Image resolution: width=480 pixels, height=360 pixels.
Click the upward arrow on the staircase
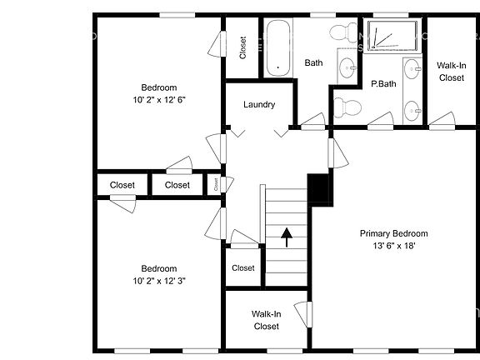point(287,237)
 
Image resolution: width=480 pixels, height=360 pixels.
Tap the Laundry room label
point(259,105)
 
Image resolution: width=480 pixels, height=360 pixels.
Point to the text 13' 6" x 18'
point(393,246)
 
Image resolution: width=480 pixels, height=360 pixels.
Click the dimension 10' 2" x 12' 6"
point(158,99)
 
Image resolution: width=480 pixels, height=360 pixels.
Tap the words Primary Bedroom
point(393,233)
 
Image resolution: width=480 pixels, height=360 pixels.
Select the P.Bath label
point(383,84)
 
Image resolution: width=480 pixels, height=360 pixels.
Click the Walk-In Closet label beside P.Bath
point(451,72)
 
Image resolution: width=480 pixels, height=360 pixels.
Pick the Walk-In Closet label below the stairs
point(267,320)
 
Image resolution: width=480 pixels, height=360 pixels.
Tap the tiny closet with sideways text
point(215,184)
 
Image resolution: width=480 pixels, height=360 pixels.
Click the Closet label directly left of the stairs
point(243,268)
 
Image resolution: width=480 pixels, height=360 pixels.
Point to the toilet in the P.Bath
point(347,107)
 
